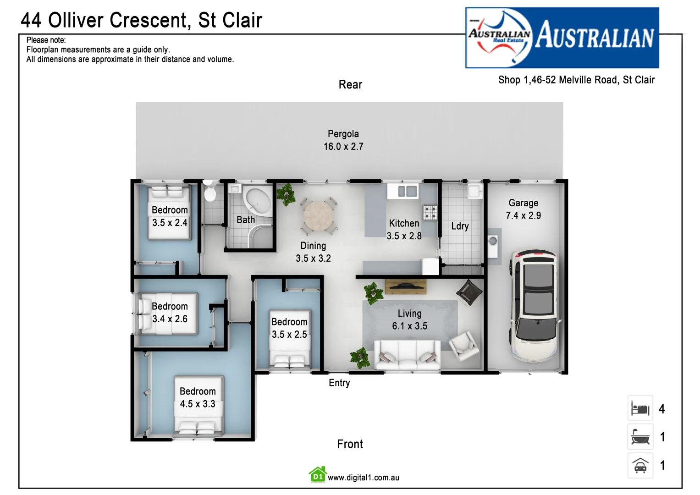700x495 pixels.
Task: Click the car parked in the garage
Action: tap(534, 305)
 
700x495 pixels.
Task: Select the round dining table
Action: tap(319, 216)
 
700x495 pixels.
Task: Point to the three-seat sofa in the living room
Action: tap(407, 355)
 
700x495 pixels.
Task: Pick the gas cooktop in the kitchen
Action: tap(430, 212)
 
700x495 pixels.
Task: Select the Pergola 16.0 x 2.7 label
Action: tap(343, 140)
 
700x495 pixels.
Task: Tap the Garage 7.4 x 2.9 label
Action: tap(523, 209)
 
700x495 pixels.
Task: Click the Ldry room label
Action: tap(460, 226)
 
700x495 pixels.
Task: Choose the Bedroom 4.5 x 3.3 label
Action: tap(198, 397)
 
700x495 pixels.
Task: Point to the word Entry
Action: tap(339, 383)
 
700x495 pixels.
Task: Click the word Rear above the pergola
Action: tap(350, 85)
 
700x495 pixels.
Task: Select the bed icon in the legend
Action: tap(640, 408)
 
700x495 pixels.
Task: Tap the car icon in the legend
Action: tap(640, 466)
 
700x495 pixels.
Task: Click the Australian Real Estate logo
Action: tap(562, 38)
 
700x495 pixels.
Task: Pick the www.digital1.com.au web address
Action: tap(363, 478)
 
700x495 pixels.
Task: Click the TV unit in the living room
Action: tap(405, 286)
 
